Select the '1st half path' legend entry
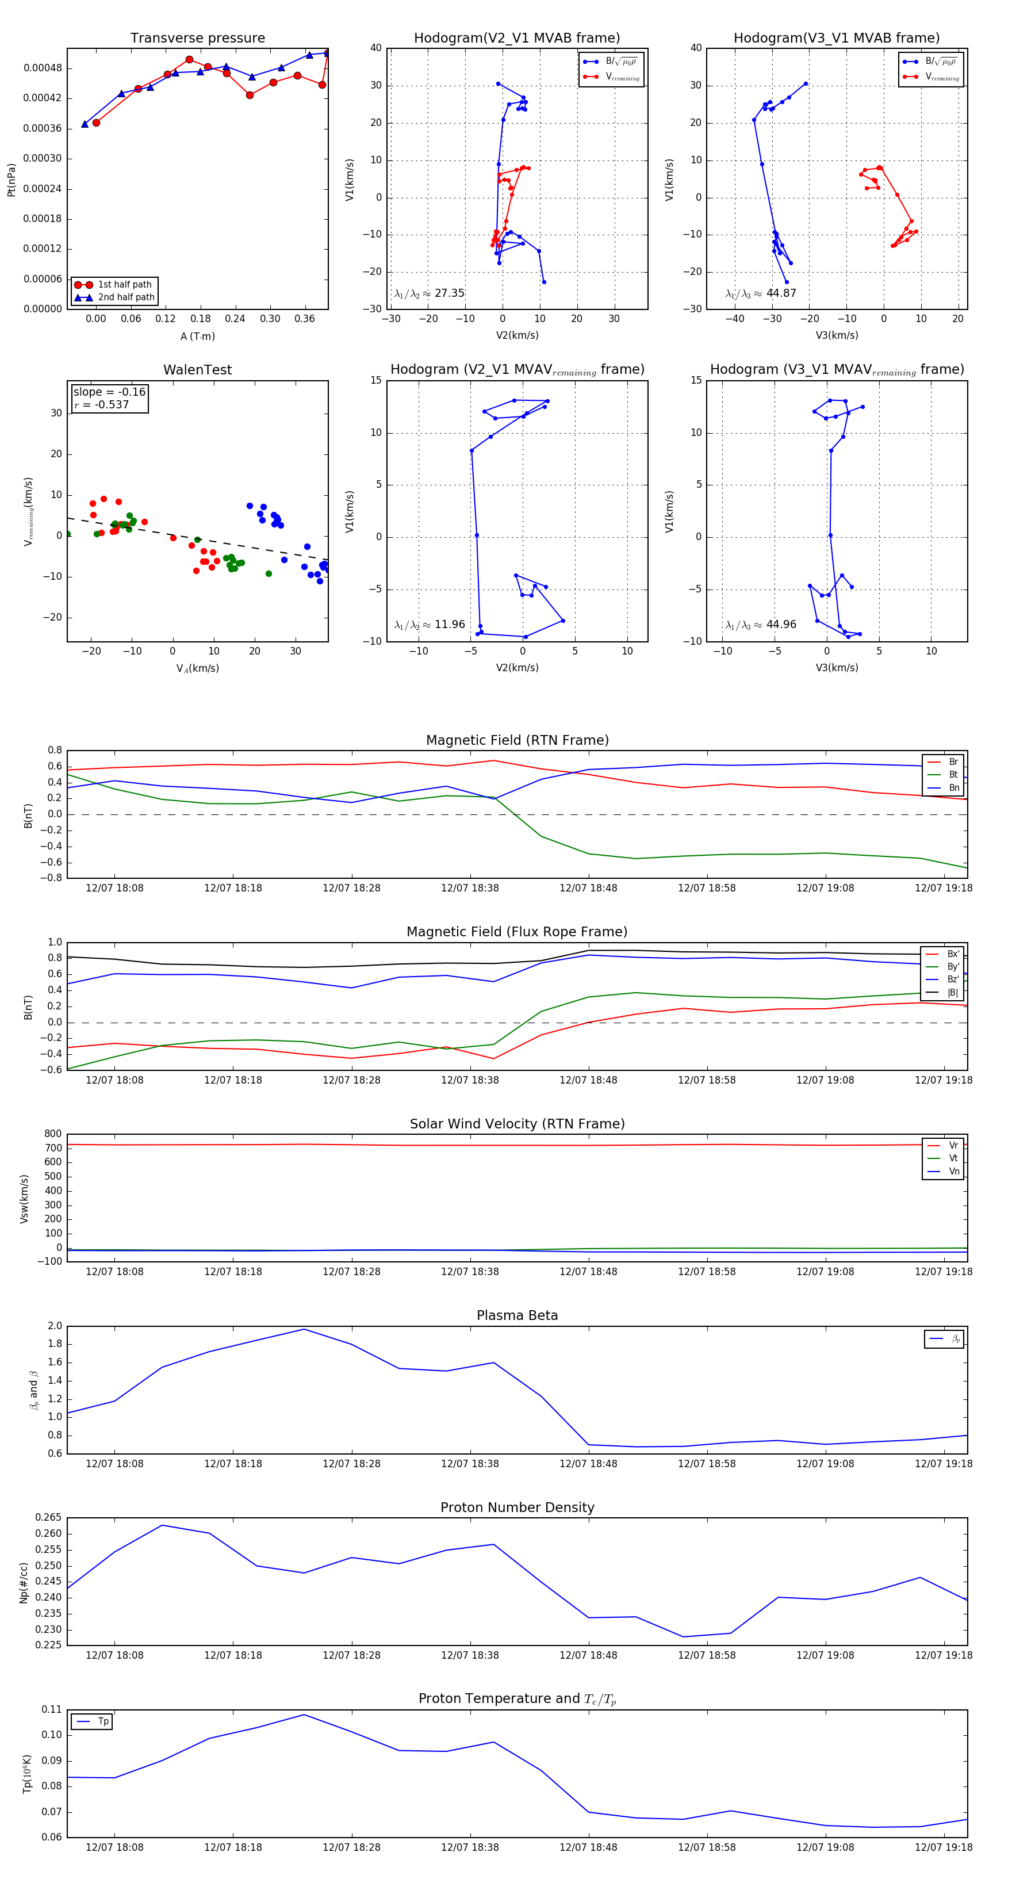(x=124, y=284)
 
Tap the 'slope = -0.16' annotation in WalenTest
(x=109, y=392)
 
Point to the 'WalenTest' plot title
(x=197, y=370)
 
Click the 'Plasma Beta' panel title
(x=517, y=1315)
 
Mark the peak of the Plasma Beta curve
(x=304, y=1329)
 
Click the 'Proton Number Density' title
(x=517, y=1507)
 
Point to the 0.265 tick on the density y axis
(x=48, y=1517)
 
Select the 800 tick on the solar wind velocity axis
(x=53, y=1134)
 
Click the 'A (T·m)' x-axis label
(x=197, y=336)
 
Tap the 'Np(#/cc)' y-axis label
(x=24, y=1582)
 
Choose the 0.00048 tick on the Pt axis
(x=43, y=68)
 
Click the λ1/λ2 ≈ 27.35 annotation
(x=430, y=293)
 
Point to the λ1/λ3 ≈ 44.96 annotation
(x=761, y=625)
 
